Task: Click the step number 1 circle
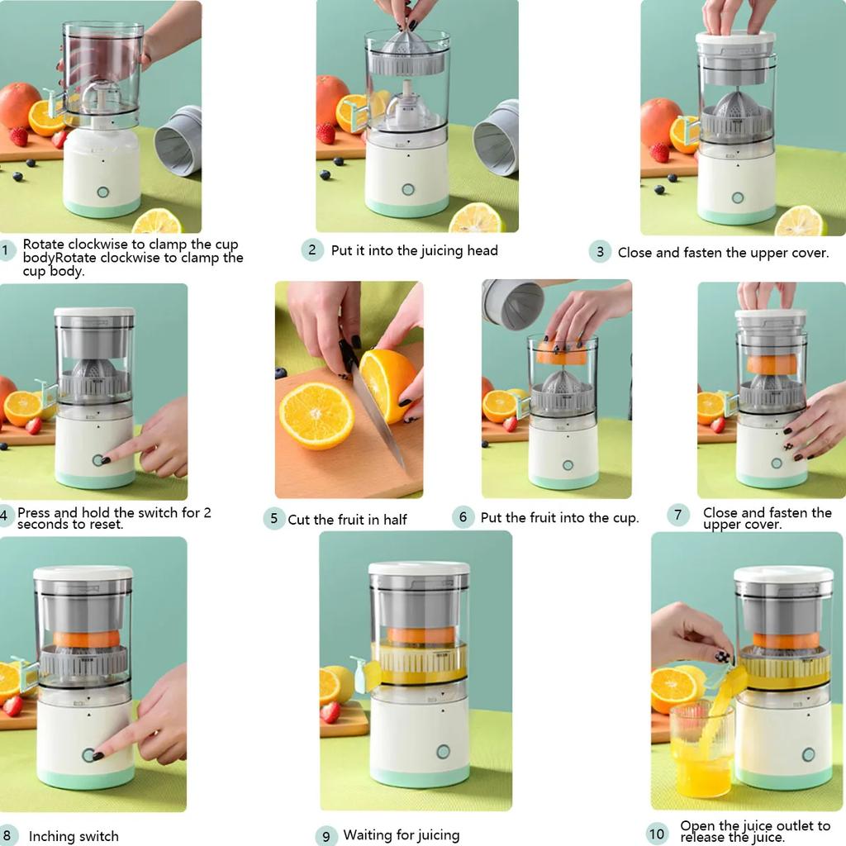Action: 6,250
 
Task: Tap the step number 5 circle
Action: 274,519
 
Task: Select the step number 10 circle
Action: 657,833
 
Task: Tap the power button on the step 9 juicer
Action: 443,752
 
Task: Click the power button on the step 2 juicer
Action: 407,189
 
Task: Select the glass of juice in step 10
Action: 701,756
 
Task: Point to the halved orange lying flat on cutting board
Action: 316,415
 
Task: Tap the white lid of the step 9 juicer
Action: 418,570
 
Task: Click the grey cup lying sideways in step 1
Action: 179,140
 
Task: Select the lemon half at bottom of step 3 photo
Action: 800,221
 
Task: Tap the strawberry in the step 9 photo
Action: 330,711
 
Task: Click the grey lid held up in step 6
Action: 513,303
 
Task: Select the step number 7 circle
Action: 677,516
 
